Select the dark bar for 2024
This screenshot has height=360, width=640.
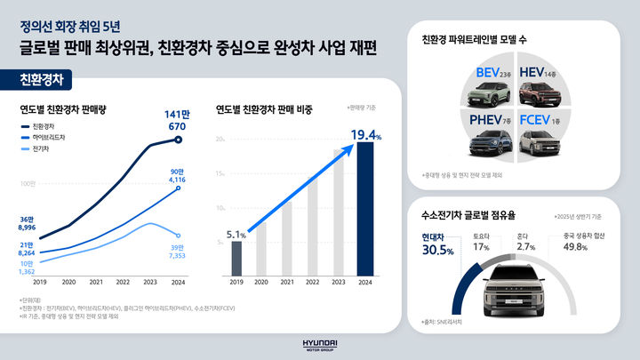tap(364, 209)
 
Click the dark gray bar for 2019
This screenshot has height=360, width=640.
tap(236, 258)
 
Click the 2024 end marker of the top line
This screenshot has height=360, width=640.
tap(179, 140)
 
